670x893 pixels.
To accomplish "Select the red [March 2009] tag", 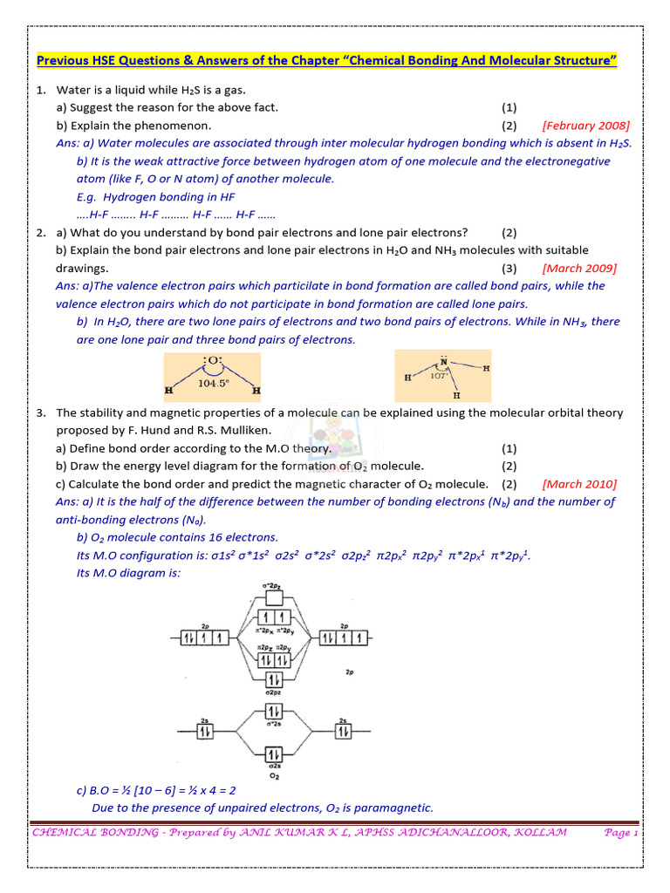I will [578, 268].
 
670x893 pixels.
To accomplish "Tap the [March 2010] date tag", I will [578, 484].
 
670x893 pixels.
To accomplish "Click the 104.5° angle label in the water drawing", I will [214, 382].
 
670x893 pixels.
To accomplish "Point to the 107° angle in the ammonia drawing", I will [437, 376].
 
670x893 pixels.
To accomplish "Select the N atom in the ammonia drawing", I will [444, 360].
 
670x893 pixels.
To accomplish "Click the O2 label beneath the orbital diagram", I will [273, 775].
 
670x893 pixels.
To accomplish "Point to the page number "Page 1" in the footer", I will [621, 833].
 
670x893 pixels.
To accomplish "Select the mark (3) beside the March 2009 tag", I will [509, 268].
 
